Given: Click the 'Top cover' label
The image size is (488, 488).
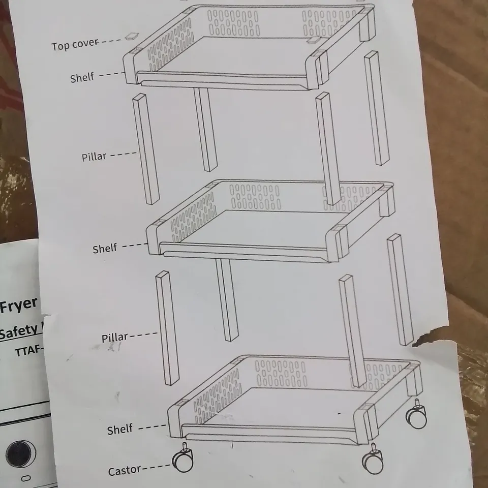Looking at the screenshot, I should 74,45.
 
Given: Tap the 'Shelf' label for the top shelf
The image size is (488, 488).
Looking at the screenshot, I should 82,78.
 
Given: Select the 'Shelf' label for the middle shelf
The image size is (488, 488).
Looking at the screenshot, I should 105,249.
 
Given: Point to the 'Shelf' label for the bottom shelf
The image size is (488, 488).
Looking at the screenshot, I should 119,430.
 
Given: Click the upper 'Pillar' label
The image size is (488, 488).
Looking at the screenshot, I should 94,156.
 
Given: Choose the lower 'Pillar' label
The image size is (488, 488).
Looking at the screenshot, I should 114,338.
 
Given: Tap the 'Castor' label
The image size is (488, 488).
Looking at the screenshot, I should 124,471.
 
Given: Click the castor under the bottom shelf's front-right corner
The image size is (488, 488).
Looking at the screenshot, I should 373,460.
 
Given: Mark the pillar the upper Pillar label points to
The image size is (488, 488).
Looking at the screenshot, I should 146,148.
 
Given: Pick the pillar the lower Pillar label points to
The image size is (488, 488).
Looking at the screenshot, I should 167,328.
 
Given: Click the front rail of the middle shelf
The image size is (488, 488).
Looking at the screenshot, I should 244,251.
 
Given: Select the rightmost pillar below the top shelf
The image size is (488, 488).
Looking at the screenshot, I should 377,108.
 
